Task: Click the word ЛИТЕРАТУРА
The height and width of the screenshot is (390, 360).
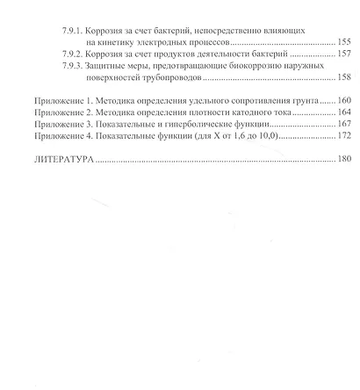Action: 61,162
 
